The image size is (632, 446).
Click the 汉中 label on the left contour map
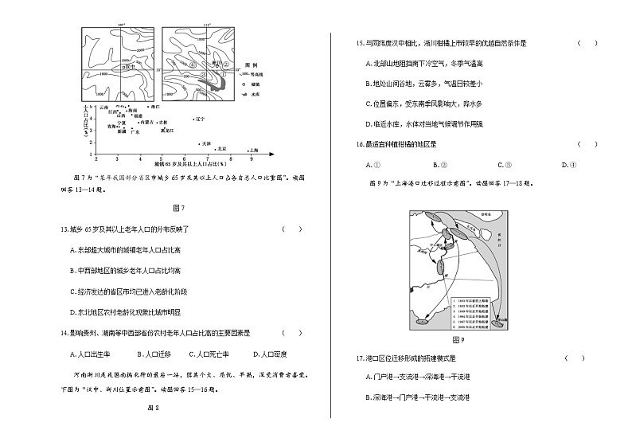[x=127, y=68]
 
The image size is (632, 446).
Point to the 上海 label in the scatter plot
[x=254, y=149]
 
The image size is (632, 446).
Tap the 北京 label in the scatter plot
[x=222, y=148]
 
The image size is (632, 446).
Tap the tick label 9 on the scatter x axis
[x=252, y=157]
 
